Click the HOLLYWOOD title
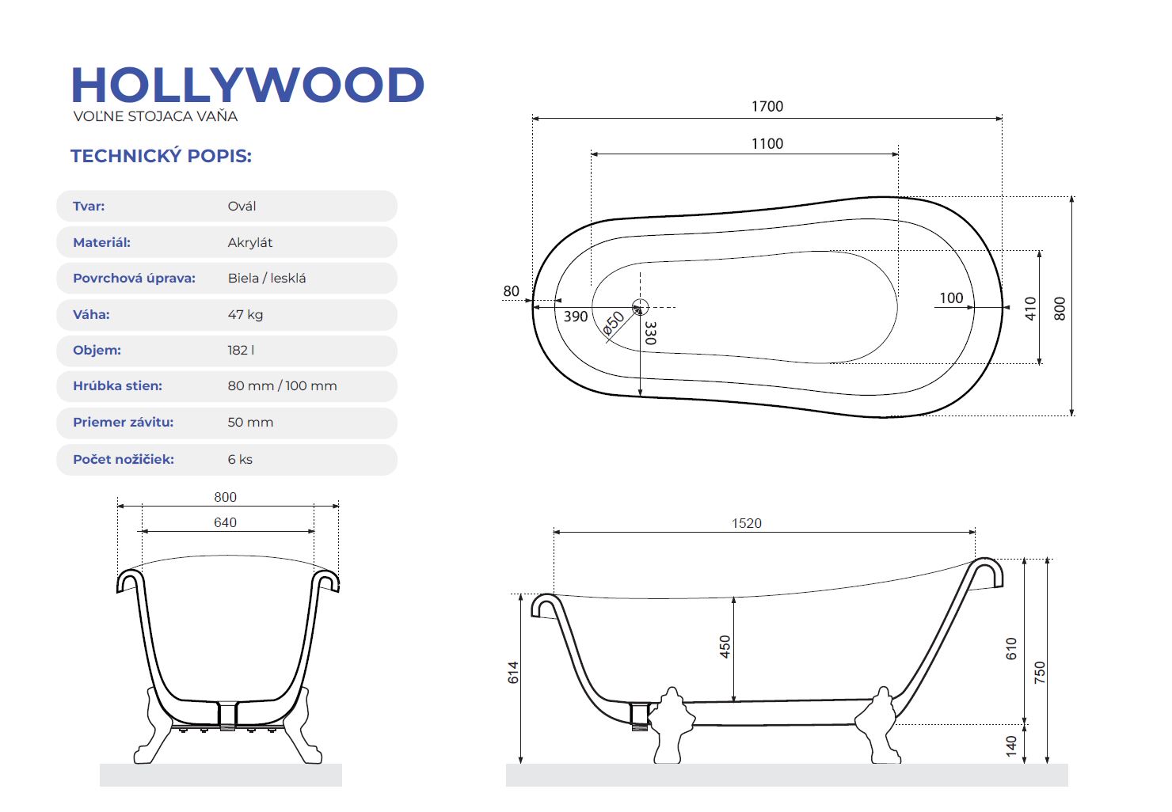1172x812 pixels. (248, 85)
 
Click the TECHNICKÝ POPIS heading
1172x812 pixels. (161, 156)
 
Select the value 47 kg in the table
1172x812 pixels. (245, 314)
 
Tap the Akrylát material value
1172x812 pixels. (250, 243)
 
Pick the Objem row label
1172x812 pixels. (97, 350)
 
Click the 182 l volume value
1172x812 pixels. (241, 350)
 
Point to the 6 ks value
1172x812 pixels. (240, 459)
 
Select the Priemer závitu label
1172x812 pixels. (123, 423)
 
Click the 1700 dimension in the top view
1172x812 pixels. (767, 106)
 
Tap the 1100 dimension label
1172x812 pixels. (767, 143)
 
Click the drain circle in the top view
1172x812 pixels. (640, 307)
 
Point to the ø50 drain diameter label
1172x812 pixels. (614, 323)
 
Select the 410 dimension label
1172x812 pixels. (1030, 308)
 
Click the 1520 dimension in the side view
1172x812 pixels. (746, 523)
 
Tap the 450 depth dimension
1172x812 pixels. (725, 647)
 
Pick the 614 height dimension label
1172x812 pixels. (513, 673)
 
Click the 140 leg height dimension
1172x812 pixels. (1011, 745)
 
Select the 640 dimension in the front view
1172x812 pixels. (225, 522)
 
